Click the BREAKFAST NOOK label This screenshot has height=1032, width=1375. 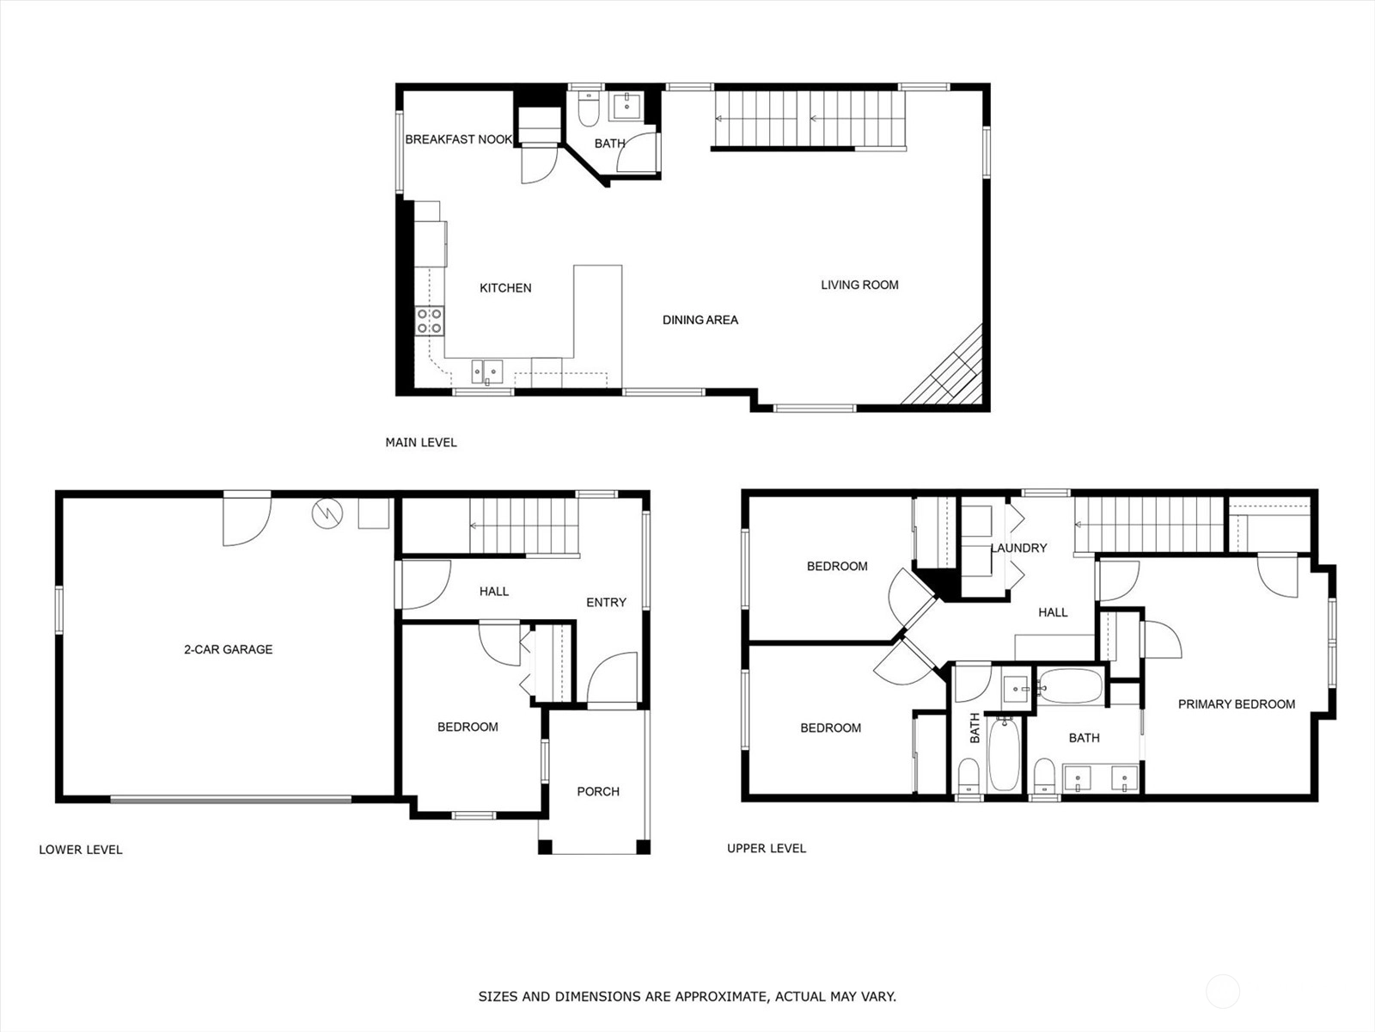(459, 139)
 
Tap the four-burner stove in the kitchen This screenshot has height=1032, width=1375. (430, 321)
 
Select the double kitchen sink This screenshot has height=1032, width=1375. (486, 372)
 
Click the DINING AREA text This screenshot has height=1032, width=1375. (700, 320)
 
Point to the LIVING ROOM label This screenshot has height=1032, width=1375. (859, 286)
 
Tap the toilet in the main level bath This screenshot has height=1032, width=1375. (588, 109)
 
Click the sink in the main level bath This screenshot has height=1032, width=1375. (626, 107)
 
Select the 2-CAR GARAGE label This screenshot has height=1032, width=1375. (228, 649)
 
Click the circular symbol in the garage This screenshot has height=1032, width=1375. (327, 513)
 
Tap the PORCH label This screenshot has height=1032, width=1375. (598, 791)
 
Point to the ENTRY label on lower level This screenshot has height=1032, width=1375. (607, 602)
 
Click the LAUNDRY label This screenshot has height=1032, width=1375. (1018, 549)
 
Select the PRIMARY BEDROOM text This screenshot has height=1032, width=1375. (1237, 703)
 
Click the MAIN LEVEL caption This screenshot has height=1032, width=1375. (421, 442)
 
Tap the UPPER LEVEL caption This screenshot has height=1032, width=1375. (767, 849)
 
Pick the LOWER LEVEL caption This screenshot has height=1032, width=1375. (81, 850)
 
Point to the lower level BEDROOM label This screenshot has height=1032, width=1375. (468, 727)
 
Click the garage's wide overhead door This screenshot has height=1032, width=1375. (230, 799)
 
